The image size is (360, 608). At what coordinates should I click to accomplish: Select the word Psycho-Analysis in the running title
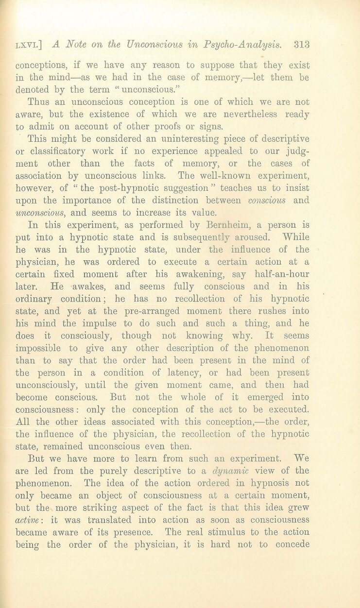click(x=252, y=44)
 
